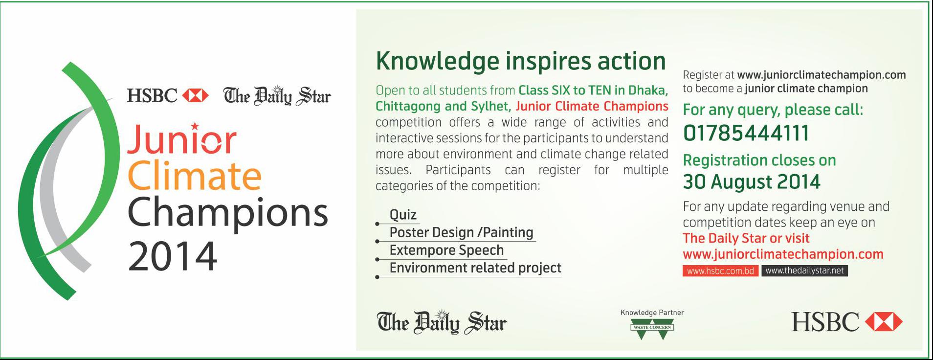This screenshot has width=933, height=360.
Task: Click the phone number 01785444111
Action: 746,133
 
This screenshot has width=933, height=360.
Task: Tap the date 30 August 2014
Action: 752,182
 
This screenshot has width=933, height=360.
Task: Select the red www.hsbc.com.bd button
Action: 720,271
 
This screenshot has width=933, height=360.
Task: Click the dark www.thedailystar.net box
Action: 804,271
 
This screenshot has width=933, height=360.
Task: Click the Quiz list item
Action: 403,215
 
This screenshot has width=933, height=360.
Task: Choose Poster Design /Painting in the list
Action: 461,232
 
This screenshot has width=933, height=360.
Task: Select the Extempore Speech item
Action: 446,250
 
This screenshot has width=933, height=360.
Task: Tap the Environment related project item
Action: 475,268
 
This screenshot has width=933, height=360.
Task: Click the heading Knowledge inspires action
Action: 521,61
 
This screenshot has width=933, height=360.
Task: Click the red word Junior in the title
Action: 182,139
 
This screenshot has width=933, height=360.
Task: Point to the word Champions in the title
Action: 228,213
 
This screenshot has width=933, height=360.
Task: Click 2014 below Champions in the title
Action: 173,256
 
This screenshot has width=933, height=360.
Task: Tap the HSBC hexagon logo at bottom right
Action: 884,322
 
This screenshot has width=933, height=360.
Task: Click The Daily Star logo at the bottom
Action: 442,322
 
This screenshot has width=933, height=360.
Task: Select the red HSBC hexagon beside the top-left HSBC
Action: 195,95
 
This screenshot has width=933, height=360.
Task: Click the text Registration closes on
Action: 759,160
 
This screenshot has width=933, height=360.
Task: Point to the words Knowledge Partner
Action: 652,313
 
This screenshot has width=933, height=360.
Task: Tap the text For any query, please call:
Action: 773,110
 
